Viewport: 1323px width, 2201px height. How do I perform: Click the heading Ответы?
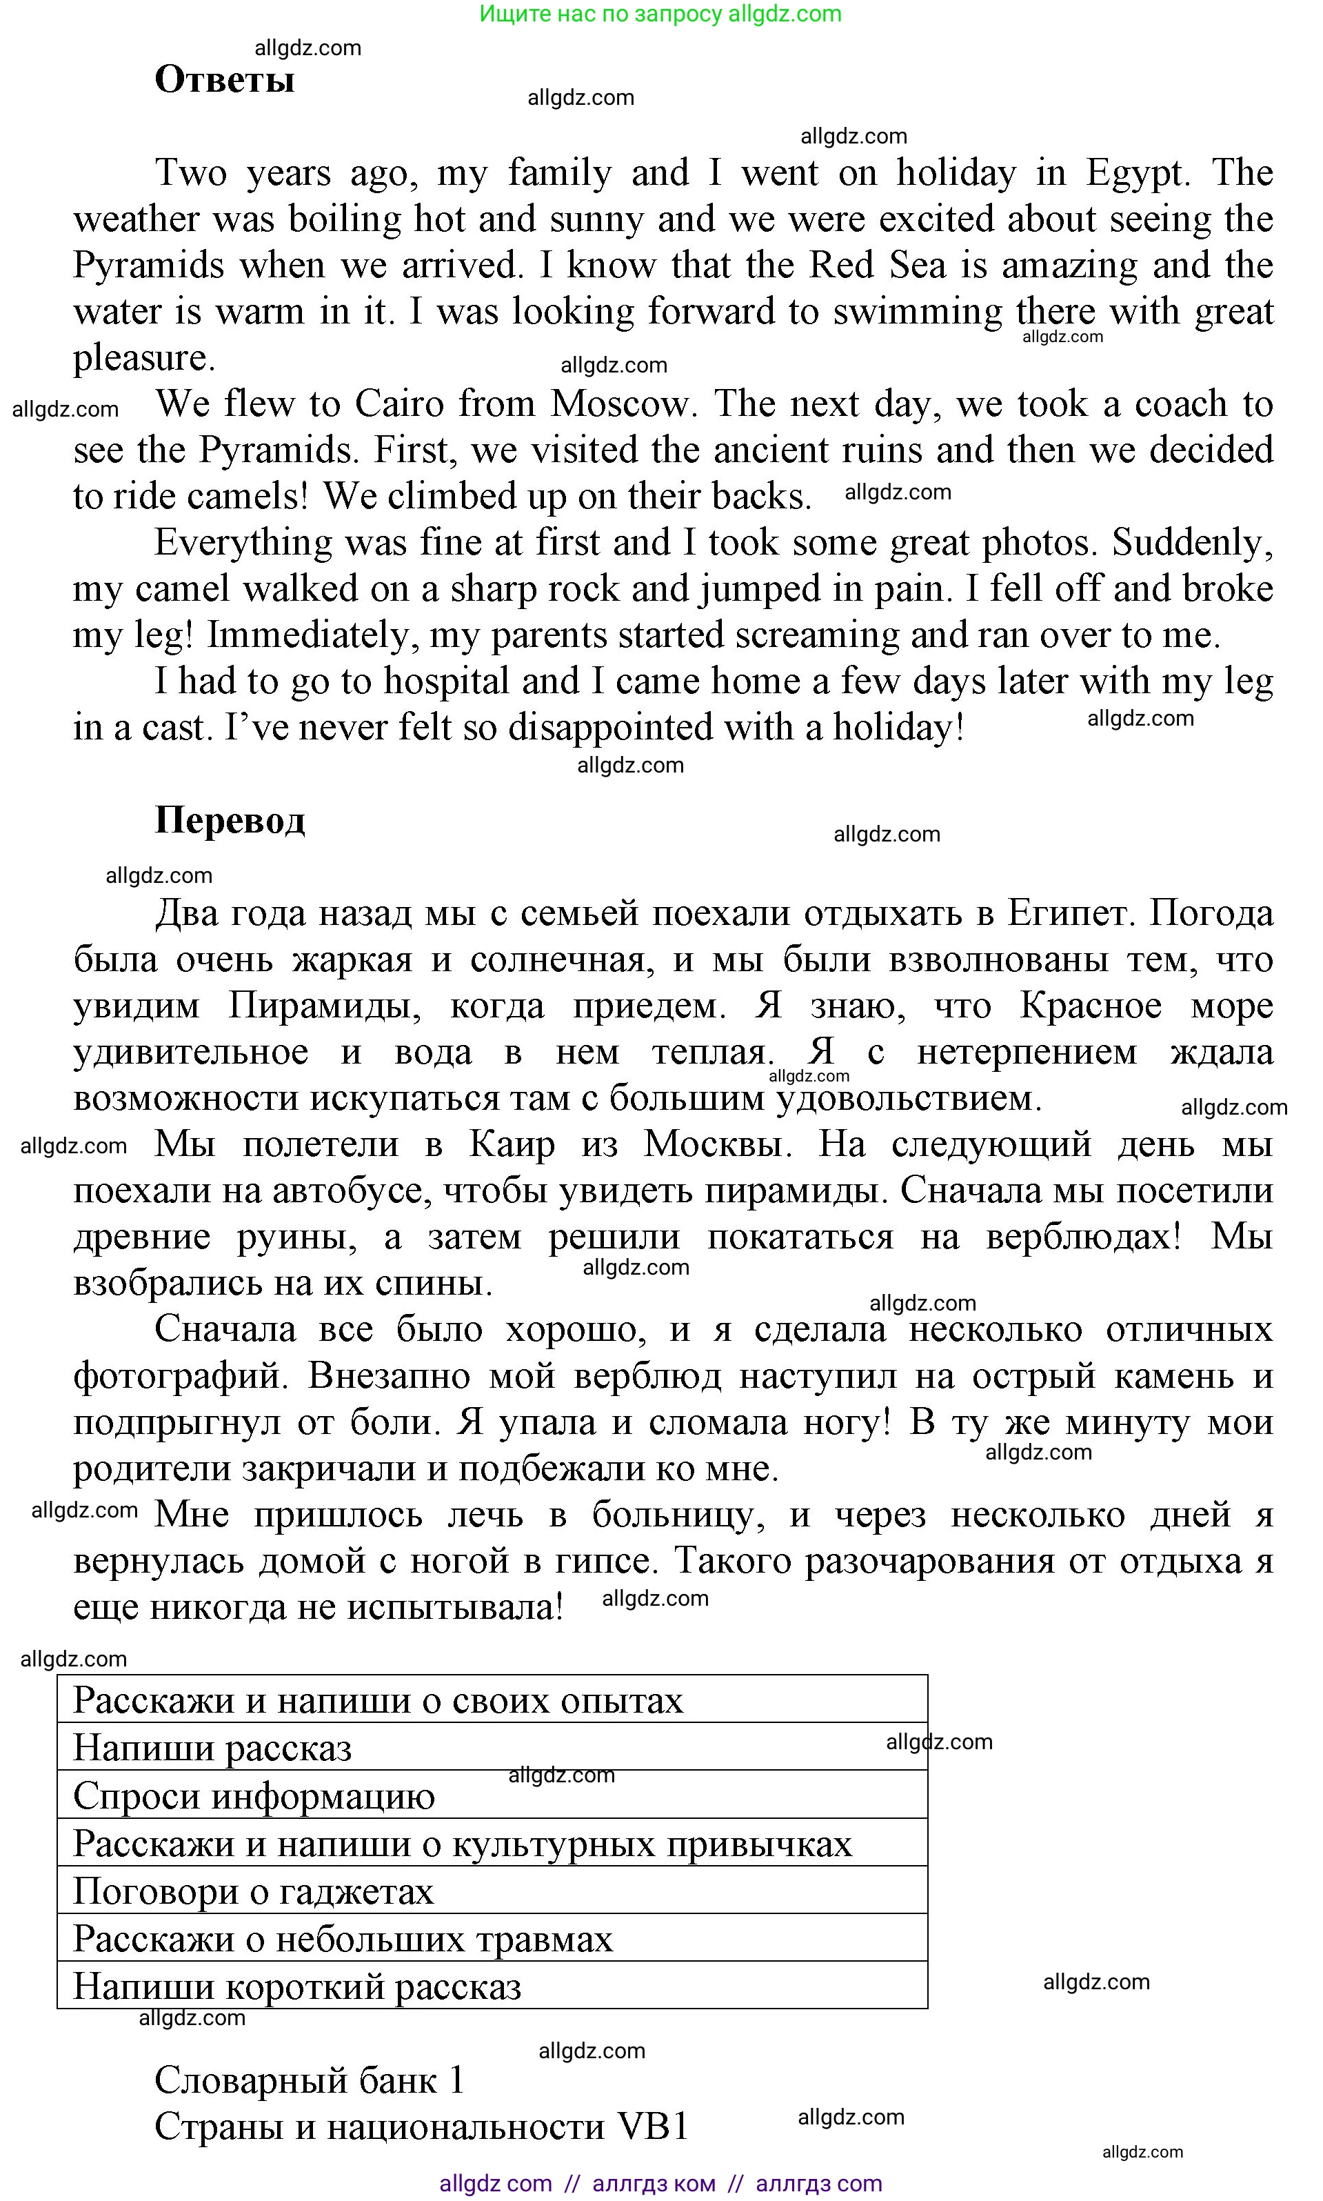click(224, 79)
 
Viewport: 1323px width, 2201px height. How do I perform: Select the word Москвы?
click(717, 1144)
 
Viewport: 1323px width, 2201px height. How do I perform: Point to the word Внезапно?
click(389, 1375)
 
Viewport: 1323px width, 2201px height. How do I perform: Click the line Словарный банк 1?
click(310, 2080)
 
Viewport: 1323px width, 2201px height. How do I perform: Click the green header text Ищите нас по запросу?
click(602, 14)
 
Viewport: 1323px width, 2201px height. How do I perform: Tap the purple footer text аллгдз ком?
click(654, 2184)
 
